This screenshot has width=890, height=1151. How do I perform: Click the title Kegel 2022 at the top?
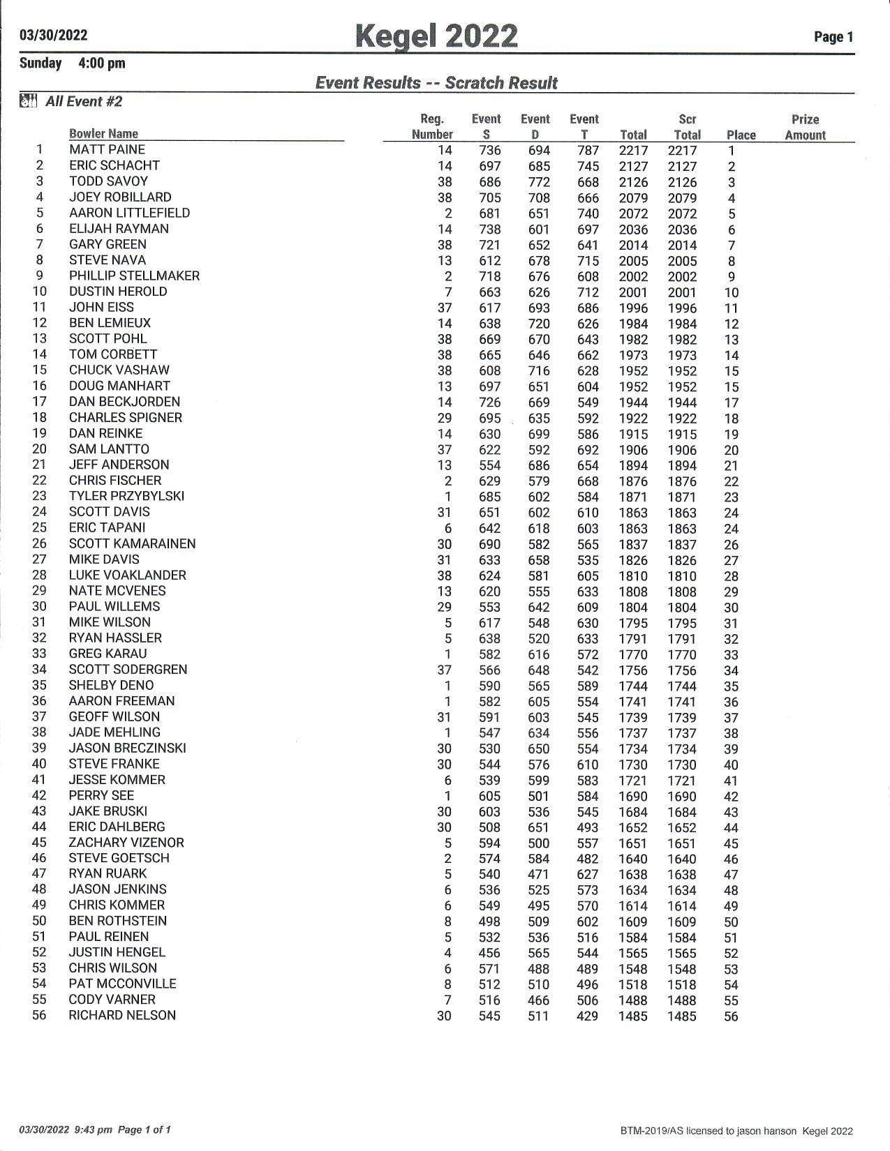(x=436, y=36)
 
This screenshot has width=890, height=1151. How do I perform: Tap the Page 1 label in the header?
(x=833, y=38)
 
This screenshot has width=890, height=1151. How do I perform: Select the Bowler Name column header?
(x=103, y=134)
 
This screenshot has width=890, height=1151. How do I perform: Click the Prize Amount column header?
(x=805, y=128)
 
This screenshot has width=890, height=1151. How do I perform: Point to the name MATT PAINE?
(x=107, y=150)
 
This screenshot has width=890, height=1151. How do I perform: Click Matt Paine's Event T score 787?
(x=588, y=151)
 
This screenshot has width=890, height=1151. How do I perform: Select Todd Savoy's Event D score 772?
(x=539, y=182)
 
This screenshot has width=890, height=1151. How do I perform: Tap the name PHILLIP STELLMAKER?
(x=134, y=276)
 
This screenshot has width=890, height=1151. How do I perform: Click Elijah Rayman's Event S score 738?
(x=490, y=230)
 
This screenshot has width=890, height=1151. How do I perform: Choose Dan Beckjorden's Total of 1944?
(x=633, y=403)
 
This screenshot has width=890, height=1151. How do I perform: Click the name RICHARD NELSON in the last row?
(x=122, y=1015)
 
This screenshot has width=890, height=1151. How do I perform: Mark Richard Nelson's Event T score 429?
(x=588, y=1016)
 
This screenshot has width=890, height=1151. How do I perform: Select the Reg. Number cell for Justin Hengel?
(x=447, y=953)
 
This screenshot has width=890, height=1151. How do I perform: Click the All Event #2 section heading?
(x=84, y=102)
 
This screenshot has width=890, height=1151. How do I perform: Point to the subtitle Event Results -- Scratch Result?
(x=436, y=83)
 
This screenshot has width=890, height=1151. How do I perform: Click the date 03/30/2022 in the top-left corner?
(x=54, y=36)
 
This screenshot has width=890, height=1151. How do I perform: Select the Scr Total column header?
(x=687, y=128)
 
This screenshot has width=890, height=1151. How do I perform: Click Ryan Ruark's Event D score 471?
(x=539, y=874)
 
